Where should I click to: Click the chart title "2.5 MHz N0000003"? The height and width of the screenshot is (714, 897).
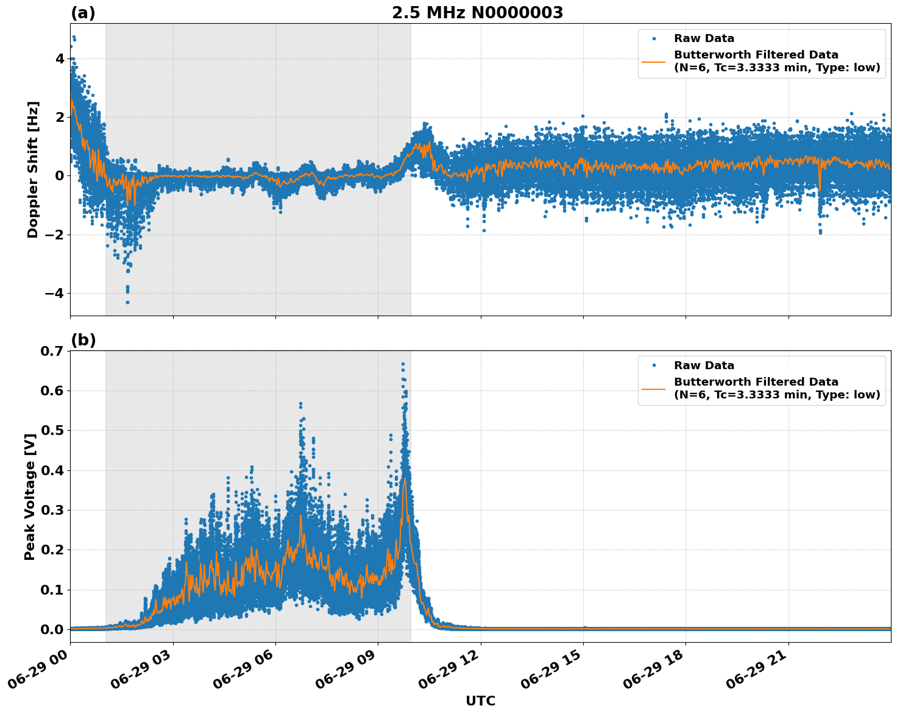point(477,13)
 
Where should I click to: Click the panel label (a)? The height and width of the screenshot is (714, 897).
point(83,13)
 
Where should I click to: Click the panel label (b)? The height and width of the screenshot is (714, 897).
point(83,340)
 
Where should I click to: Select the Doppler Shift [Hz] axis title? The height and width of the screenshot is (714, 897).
point(33,169)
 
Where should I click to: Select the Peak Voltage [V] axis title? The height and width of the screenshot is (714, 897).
point(30,497)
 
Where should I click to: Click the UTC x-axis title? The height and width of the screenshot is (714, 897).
point(480,701)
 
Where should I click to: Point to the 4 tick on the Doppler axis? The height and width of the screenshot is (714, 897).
point(59,58)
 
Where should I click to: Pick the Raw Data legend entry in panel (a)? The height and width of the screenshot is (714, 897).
point(704,39)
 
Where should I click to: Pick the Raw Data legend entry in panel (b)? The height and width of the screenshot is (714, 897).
point(704,366)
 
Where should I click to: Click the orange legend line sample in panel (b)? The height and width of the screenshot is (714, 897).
point(654,389)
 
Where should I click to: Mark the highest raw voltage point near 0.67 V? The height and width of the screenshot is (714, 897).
point(403,364)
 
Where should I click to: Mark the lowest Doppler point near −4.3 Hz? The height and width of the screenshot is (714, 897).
point(127,302)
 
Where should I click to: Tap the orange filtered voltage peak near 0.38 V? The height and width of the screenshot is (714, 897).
point(405,479)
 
